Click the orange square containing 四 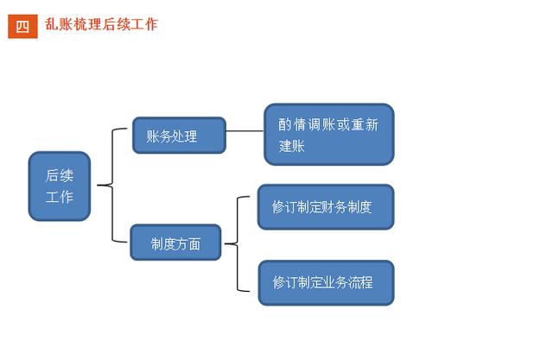(22, 26)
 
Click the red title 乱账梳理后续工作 (101, 24)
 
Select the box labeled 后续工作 (60, 186)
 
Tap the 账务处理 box (179, 136)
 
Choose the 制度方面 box (175, 243)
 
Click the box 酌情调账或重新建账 (329, 134)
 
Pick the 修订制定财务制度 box (326, 207)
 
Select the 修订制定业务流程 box (327, 282)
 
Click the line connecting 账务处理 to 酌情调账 (245, 131)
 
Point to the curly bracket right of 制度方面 (238, 243)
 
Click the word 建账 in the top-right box (292, 146)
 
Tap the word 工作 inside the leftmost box (60, 197)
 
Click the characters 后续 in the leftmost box (60, 175)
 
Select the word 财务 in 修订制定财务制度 (334, 207)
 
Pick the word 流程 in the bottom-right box (360, 282)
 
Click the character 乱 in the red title (51, 24)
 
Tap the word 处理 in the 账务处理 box (184, 136)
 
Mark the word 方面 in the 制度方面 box (188, 243)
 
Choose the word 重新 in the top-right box (365, 124)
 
